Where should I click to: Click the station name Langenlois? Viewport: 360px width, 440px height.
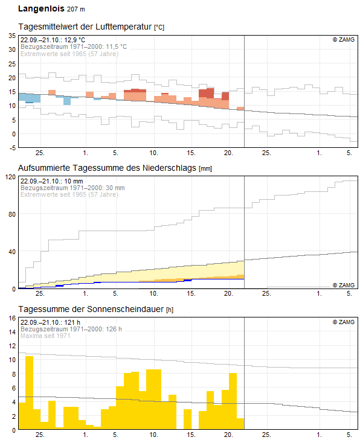[x=41, y=8]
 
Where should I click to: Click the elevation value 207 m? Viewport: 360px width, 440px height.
[x=76, y=9]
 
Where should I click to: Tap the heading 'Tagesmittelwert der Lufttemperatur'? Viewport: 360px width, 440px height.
[x=85, y=27]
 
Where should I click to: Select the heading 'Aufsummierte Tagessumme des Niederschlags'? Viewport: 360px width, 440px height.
[x=108, y=168]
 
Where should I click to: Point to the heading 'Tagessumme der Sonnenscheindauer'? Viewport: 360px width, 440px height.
[x=91, y=309]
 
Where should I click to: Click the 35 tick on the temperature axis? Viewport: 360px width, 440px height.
[x=12, y=36]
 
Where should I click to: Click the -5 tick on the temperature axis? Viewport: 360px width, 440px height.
[x=12, y=148]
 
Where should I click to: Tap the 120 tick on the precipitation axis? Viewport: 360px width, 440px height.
[x=11, y=177]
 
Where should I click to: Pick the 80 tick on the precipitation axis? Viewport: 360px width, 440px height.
[x=12, y=214]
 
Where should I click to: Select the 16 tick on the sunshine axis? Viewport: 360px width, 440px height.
[x=12, y=318]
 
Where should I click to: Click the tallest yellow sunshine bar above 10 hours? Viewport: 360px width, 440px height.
[x=30, y=392]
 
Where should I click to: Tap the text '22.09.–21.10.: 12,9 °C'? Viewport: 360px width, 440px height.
[x=53, y=40]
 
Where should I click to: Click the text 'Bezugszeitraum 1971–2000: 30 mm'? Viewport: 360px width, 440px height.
[x=72, y=188]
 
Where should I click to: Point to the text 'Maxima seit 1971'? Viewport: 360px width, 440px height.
[x=45, y=336]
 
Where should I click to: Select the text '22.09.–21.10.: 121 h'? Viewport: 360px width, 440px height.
[x=50, y=322]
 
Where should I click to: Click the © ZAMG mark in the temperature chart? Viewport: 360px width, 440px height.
[x=344, y=40]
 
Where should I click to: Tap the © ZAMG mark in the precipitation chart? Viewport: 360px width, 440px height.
[x=344, y=285]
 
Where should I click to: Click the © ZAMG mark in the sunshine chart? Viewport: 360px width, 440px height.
[x=344, y=322]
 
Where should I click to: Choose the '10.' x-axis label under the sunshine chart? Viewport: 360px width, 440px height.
[x=153, y=435]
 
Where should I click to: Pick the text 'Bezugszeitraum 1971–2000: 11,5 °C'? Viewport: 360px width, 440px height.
[x=74, y=46]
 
